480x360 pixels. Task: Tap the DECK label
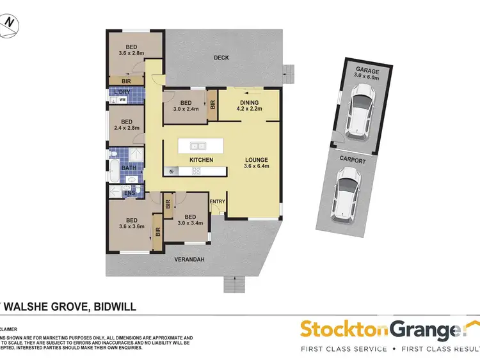[221, 58]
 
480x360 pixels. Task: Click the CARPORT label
[353, 161]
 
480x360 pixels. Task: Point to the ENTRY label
[218, 202]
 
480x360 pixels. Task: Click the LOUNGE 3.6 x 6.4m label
[255, 164]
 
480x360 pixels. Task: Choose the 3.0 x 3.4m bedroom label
[186, 219]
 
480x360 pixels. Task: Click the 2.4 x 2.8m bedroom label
[126, 125]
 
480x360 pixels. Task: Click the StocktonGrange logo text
[381, 331]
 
